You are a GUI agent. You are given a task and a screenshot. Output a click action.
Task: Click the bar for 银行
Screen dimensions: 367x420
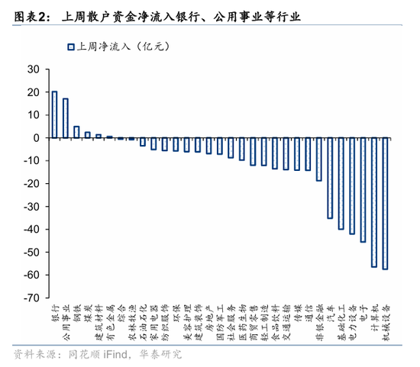pos(54,114)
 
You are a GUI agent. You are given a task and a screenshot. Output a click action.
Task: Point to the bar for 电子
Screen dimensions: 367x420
pos(363,190)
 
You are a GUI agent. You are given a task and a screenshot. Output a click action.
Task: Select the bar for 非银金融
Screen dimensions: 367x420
pos(318,159)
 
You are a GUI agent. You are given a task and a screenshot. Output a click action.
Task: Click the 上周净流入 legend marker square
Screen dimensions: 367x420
pos(70,47)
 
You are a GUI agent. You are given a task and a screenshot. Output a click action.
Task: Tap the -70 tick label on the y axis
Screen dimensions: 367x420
pos(31,298)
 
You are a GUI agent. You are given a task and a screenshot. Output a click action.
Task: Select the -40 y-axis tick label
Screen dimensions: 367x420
pos(31,230)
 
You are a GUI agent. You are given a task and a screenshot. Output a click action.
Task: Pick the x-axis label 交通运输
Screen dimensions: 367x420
pos(286,320)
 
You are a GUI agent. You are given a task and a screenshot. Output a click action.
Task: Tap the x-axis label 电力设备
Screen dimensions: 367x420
pos(352,320)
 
